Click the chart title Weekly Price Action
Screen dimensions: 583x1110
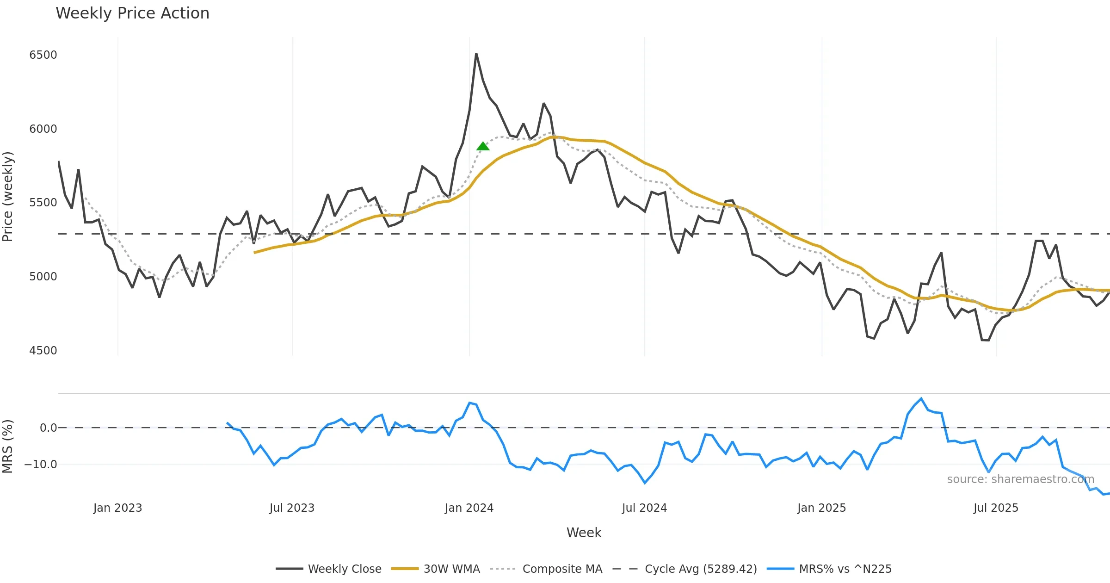point(132,13)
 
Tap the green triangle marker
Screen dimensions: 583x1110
point(483,146)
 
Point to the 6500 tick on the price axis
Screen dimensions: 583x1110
point(43,55)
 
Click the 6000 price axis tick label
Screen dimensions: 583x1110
point(43,129)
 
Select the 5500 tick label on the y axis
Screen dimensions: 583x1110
point(43,203)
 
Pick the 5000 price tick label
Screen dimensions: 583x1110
point(43,277)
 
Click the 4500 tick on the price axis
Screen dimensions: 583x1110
point(43,351)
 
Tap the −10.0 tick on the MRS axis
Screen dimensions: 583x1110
point(41,465)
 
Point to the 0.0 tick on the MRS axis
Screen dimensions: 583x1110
point(48,428)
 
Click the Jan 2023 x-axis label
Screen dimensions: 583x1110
point(117,508)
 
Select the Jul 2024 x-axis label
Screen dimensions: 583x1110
point(644,508)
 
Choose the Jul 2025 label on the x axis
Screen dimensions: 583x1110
point(996,508)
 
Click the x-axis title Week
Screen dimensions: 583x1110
point(584,533)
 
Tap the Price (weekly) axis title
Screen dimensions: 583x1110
point(8,197)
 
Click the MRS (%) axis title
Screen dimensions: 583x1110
point(8,447)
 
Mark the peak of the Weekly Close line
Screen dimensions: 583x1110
point(476,54)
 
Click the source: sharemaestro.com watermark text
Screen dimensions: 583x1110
point(1020,479)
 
